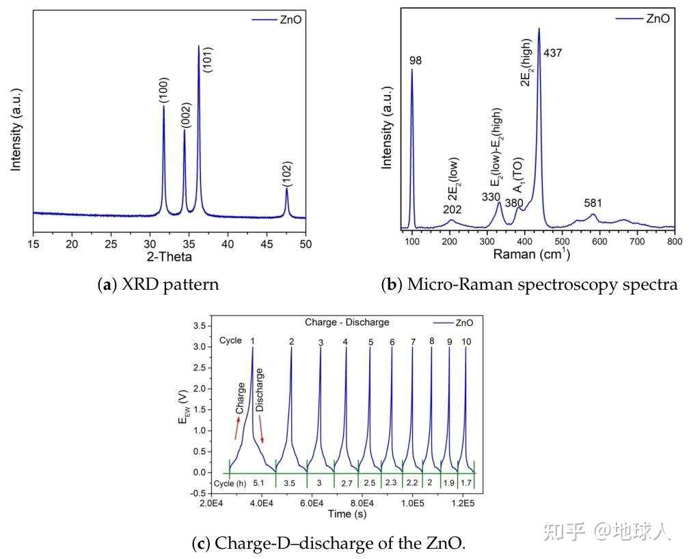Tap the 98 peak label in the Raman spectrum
[x=416, y=61]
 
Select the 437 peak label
[x=552, y=53]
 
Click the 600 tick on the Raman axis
[x=599, y=243]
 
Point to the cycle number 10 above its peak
[x=466, y=341]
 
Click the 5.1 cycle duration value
[x=259, y=482]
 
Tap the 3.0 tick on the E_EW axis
[x=198, y=347]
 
